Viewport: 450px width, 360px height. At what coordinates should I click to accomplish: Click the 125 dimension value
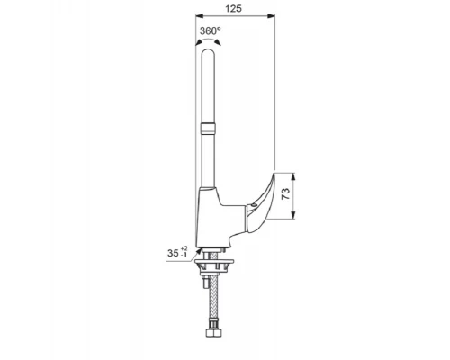tap(233, 8)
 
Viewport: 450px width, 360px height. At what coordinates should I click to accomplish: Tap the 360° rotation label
tap(211, 31)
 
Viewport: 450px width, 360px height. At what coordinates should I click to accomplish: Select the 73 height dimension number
tap(286, 194)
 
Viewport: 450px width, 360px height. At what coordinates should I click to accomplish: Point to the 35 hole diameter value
tap(173, 253)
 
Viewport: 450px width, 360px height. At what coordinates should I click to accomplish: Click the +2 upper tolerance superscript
tap(184, 248)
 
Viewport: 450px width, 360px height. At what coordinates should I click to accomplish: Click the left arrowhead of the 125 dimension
tap(199, 15)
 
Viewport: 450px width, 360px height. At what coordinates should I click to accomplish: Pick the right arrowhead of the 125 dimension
tap(271, 15)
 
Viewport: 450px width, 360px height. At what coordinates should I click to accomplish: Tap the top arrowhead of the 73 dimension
tap(293, 176)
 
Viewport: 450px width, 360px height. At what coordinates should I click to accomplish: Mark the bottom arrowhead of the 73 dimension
tap(293, 215)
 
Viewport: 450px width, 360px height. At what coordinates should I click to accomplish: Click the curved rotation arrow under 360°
tap(208, 40)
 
